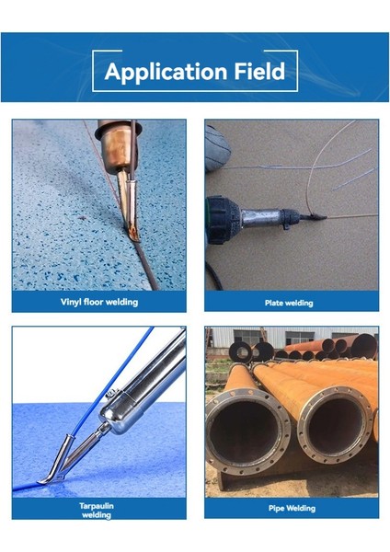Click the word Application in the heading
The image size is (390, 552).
[165, 72]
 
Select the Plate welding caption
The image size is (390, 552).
[289, 302]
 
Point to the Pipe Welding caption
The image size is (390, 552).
[291, 508]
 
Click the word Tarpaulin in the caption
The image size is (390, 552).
[97, 505]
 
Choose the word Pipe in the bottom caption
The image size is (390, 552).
[277, 508]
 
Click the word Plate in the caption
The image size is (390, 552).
[274, 302]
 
